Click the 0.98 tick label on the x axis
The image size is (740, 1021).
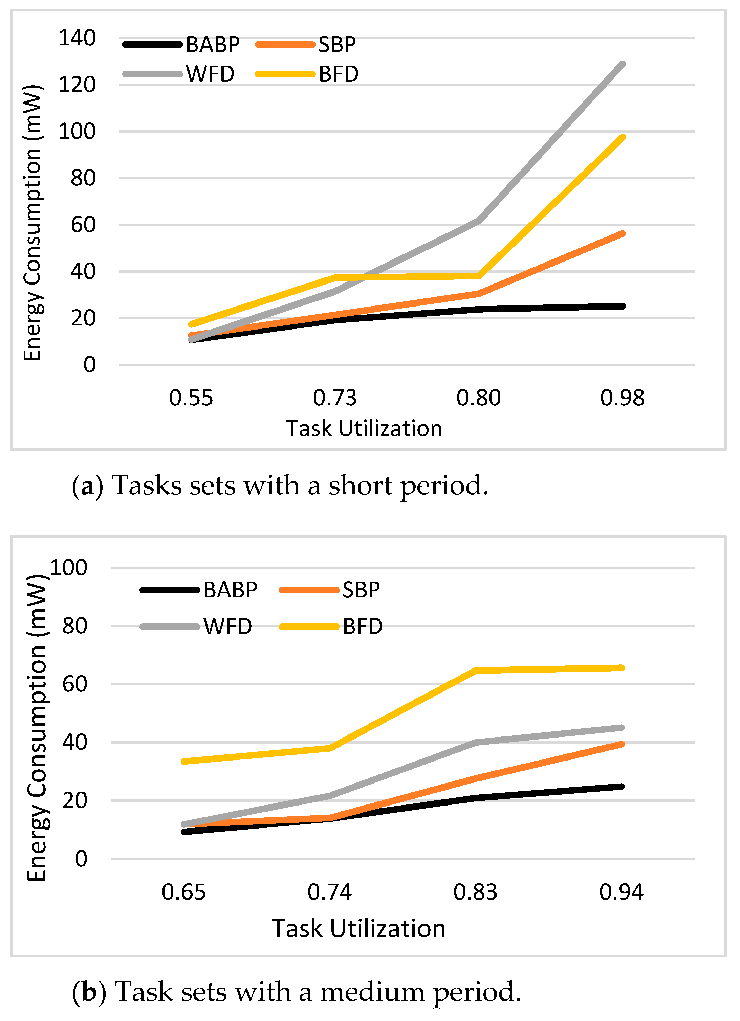coord(622,398)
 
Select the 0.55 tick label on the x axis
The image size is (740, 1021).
coord(191,398)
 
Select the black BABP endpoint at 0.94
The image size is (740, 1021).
coord(622,787)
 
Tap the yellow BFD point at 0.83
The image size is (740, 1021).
coord(476,670)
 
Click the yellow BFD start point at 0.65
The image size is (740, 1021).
coord(184,761)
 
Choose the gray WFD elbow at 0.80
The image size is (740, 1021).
coord(478,221)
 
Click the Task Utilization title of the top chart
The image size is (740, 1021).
coord(364,428)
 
